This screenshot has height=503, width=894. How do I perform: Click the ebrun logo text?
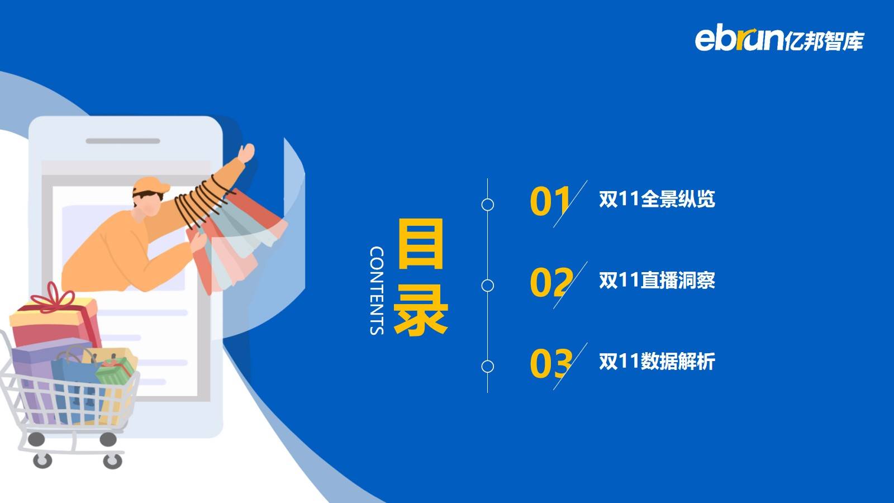point(739,39)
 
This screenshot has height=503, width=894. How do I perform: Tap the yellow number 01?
point(550,202)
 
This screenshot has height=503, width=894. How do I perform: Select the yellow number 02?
point(551,283)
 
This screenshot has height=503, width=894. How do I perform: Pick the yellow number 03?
point(551,364)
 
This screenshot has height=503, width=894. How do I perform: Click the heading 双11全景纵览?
point(657,199)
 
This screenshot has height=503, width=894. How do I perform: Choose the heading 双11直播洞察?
point(657,280)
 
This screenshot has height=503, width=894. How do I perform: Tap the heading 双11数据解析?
point(657,361)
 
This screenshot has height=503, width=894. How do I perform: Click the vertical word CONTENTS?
point(377,290)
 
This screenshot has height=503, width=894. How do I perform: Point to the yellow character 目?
point(421,244)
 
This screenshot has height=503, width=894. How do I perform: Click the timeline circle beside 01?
point(488,205)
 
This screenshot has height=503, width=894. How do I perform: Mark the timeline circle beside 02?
point(488,286)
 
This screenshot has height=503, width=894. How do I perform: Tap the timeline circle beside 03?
point(488,367)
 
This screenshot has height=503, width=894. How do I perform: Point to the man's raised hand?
point(246,153)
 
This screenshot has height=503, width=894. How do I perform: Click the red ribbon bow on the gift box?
point(53,297)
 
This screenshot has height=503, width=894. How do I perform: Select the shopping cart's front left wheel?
point(42,461)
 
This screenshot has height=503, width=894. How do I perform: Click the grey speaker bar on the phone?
point(123,141)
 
